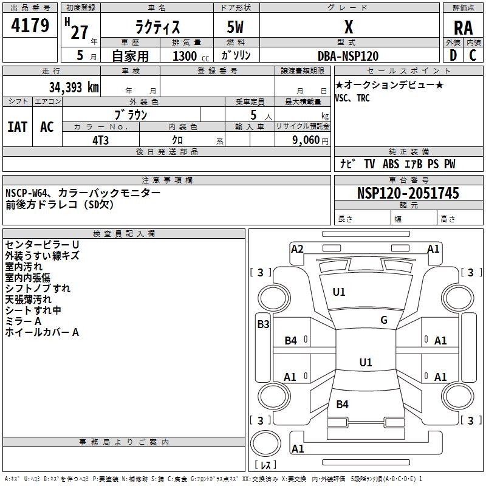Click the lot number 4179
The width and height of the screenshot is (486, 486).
click(x=31, y=26)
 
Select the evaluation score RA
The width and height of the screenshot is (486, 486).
click(x=463, y=28)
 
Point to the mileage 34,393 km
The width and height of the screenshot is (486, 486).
click(x=74, y=87)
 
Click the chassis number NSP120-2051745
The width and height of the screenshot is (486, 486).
click(x=408, y=193)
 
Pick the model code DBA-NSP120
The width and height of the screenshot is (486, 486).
click(x=348, y=56)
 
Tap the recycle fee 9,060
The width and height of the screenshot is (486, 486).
click(x=302, y=140)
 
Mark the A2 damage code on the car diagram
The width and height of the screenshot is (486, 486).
click(x=297, y=248)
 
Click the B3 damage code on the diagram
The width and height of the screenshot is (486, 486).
click(x=263, y=324)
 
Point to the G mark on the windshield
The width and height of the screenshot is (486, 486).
click(x=384, y=320)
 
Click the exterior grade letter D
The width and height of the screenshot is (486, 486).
click(x=453, y=55)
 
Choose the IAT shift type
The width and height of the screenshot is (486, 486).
click(x=18, y=127)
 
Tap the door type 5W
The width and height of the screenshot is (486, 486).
click(x=236, y=28)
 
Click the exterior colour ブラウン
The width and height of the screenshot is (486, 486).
click(x=131, y=114)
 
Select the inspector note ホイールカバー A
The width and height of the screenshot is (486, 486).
click(x=42, y=332)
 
